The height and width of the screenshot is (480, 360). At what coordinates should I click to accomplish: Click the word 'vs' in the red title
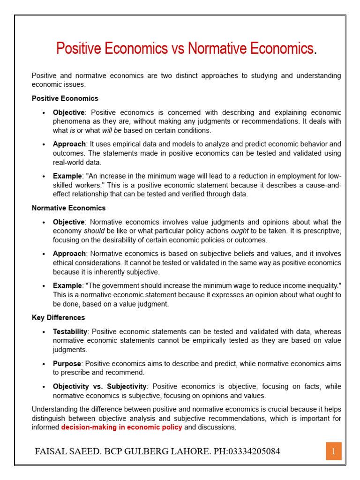tap(178, 48)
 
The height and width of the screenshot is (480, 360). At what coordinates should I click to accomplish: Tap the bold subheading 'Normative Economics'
tap(68, 208)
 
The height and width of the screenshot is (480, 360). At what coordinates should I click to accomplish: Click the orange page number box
tap(334, 451)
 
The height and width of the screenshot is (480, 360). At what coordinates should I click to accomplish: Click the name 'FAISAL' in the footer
tap(51, 452)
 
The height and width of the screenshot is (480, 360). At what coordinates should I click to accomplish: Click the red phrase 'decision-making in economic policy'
tap(121, 427)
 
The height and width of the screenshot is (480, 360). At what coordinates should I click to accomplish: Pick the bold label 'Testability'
tap(70, 331)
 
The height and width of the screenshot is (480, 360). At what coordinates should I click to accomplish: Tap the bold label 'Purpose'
tap(67, 364)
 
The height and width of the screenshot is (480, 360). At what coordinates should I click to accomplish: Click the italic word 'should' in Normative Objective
tap(94, 231)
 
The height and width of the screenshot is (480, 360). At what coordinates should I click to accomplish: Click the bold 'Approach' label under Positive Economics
tap(69, 144)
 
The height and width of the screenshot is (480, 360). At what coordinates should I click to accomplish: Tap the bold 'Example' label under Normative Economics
tap(67, 285)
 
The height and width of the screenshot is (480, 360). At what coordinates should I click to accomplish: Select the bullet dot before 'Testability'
tap(43, 332)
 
